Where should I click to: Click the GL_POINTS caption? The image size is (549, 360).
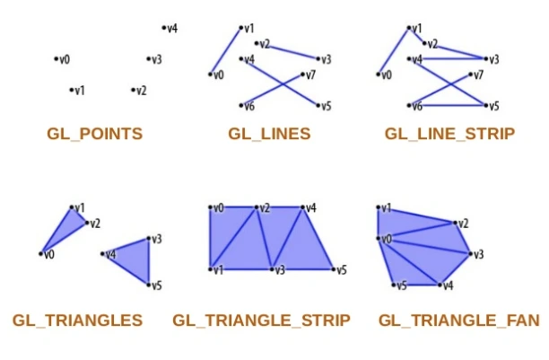[x=94, y=135]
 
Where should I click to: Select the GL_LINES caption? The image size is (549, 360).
[x=269, y=135]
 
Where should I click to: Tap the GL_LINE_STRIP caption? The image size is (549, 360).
[x=449, y=135]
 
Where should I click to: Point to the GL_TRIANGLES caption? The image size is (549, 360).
[x=78, y=320]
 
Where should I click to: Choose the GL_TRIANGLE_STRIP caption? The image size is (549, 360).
[x=261, y=320]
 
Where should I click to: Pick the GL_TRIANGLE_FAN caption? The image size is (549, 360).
[x=459, y=320]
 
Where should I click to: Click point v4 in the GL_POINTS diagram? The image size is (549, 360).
[x=164, y=28]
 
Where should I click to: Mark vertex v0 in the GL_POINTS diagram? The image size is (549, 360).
[x=56, y=59]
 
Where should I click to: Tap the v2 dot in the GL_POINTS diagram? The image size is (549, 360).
[x=133, y=90]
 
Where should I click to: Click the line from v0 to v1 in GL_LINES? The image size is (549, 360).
[x=226, y=51]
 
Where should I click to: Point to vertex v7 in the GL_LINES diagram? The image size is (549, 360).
[x=303, y=75]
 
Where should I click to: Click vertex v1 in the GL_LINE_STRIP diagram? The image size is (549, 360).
[x=408, y=28]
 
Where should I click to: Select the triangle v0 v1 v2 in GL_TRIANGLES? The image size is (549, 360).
[x=66, y=229]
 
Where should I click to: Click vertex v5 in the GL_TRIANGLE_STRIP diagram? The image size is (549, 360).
[x=333, y=268]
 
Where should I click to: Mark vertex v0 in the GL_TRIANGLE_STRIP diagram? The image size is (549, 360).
[x=210, y=207]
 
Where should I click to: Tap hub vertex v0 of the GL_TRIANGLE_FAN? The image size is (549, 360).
[x=378, y=239]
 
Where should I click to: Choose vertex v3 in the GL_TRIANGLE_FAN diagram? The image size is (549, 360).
[x=470, y=254]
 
